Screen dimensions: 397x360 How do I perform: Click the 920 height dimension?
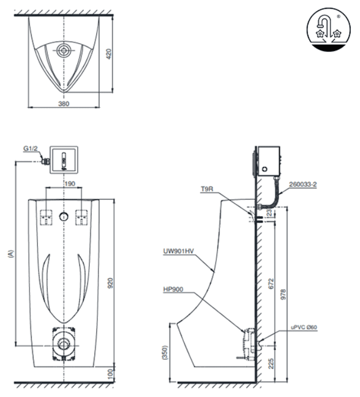point(109,283)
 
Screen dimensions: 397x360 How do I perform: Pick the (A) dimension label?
point(10,255)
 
